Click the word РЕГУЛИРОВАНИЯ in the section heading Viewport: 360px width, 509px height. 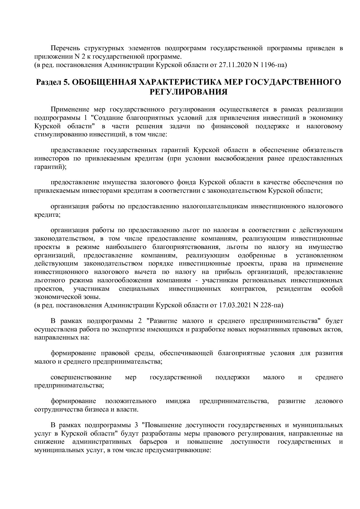[188, 92]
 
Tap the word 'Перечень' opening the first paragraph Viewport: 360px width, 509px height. [65, 48]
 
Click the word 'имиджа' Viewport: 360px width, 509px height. [178, 401]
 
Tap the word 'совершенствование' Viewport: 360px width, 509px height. [81, 377]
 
